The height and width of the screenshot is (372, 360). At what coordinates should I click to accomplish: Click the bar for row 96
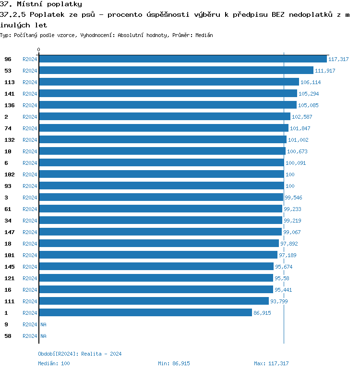182,59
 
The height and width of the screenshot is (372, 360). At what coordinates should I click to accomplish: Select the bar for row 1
145,313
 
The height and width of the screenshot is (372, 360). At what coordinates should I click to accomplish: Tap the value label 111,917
325,71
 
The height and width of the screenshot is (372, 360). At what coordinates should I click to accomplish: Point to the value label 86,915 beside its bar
263,313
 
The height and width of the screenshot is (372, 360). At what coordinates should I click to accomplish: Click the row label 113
9,82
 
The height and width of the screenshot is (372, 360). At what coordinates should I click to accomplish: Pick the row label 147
9,232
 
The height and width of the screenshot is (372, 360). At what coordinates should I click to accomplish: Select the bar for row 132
162,140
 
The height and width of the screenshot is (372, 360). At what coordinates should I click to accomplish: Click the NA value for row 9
43,324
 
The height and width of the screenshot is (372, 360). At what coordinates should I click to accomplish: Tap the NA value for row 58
43,336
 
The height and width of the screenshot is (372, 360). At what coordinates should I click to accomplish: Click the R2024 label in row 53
30,71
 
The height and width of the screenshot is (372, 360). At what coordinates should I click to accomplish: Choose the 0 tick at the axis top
39,50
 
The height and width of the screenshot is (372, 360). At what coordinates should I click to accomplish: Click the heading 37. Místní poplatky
41,4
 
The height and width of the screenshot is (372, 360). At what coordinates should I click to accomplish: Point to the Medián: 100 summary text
54,363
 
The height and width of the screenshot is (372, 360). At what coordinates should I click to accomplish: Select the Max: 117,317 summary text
271,363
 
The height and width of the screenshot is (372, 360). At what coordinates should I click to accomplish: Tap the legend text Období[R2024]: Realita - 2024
80,354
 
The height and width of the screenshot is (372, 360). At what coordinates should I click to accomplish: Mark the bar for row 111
154,301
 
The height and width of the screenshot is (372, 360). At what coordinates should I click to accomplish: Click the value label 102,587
302,117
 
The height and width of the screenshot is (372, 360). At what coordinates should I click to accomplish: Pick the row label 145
9,267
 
